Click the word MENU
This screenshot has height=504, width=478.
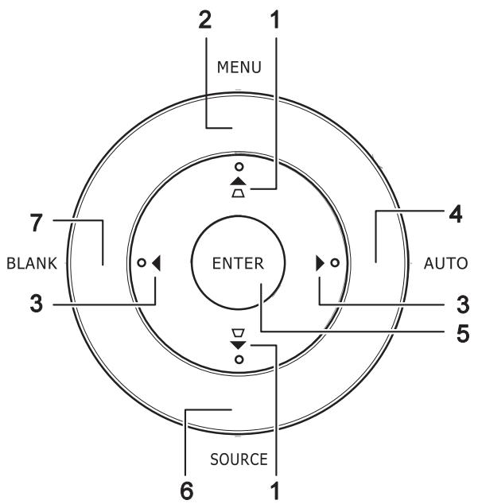pyautogui.click(x=239, y=68)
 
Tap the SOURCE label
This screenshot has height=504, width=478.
pyautogui.click(x=239, y=459)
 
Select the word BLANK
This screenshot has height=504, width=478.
pyautogui.click(x=32, y=263)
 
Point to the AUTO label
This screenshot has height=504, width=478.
pyautogui.click(x=445, y=263)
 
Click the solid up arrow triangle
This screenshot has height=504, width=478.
pyautogui.click(x=239, y=181)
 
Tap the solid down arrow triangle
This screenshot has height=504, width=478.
pyautogui.click(x=239, y=345)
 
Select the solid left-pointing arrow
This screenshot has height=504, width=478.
pyautogui.click(x=157, y=263)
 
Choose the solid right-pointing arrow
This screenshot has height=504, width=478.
pyautogui.click(x=320, y=263)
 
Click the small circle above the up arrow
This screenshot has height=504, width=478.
pyautogui.click(x=239, y=166)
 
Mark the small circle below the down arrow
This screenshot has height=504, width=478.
pyautogui.click(x=239, y=359)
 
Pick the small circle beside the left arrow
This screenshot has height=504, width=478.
pyautogui.click(x=142, y=263)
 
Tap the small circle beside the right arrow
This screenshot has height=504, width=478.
pyautogui.click(x=335, y=263)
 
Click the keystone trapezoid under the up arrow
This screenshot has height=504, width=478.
pyautogui.click(x=239, y=193)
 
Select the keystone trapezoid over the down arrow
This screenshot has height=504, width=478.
pyautogui.click(x=239, y=333)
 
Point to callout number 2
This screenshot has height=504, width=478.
pyautogui.click(x=205, y=20)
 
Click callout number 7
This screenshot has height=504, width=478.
pyautogui.click(x=37, y=223)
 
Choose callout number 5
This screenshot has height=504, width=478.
pyautogui.click(x=463, y=333)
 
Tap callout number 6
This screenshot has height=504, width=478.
pyautogui.click(x=187, y=490)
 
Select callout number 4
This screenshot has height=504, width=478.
pyautogui.click(x=456, y=214)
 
